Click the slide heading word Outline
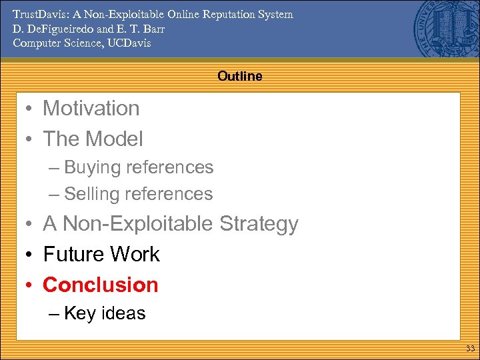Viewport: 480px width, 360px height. pos(239,76)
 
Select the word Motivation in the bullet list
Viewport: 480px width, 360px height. pos(91,108)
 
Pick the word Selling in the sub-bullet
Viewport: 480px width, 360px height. pos(92,194)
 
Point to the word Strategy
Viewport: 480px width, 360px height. pos(258,224)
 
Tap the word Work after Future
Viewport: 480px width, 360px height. pos(135,254)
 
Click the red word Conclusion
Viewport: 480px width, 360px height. pos(101,285)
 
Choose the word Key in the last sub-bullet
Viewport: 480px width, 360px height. pos(80,313)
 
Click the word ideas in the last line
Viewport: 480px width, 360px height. pos(123,313)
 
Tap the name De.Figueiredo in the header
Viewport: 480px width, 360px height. pos(51,29)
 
